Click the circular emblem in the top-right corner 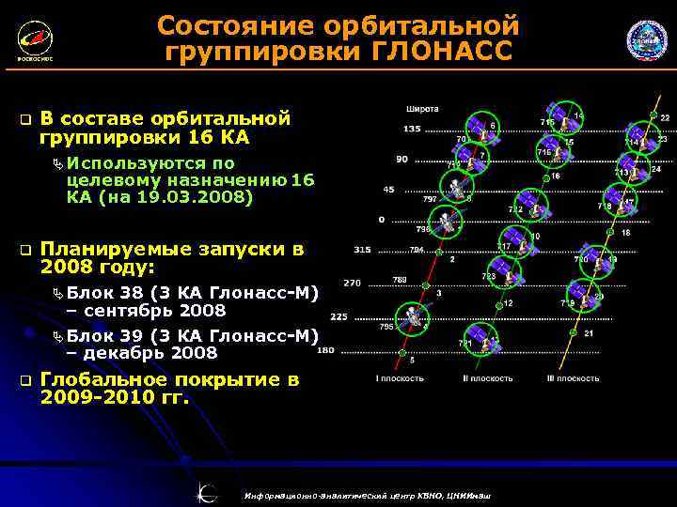[x=646, y=41]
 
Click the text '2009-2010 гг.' [x=115, y=397]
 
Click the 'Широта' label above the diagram [x=422, y=109]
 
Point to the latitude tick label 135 [x=412, y=129]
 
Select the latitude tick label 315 [x=361, y=251]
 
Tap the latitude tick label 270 [x=352, y=283]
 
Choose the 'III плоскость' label [x=573, y=378]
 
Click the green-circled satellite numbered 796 [x=451, y=226]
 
